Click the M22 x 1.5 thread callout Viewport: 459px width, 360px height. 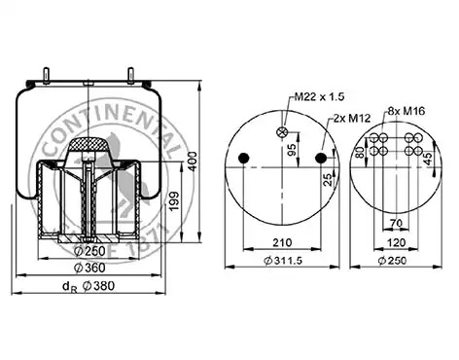[319, 96]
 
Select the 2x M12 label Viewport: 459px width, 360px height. [352, 119]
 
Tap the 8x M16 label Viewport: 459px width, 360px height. [406, 111]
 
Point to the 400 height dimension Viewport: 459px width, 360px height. [193, 162]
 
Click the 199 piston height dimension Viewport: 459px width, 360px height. [174, 201]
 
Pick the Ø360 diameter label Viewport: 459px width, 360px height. [89, 268]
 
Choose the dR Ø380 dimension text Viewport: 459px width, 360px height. [88, 287]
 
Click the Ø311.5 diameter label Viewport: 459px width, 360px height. [283, 260]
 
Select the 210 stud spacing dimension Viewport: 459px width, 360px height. [282, 242]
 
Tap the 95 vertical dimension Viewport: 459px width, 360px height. [292, 150]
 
